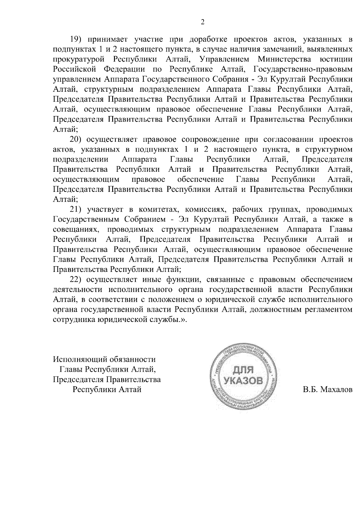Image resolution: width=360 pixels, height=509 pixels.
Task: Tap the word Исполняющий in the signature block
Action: (x=79, y=359)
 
